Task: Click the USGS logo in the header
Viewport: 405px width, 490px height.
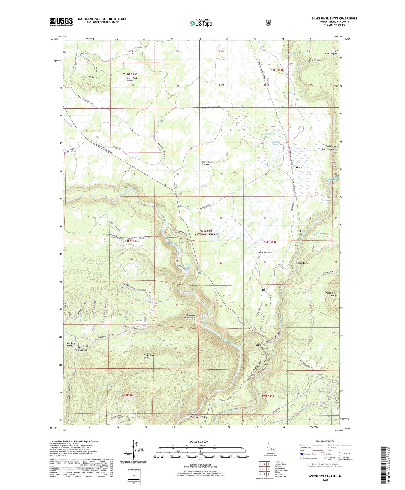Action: (x=61, y=22)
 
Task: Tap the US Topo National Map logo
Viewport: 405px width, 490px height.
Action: (x=200, y=23)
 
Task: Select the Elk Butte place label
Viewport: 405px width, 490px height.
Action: (x=93, y=77)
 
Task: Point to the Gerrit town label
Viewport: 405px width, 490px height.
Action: (x=300, y=167)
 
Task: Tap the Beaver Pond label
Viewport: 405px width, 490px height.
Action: (x=276, y=143)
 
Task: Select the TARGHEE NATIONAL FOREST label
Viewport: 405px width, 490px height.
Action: (x=206, y=233)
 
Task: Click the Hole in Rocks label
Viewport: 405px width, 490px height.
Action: (x=265, y=253)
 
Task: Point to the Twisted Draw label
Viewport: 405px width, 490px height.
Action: (x=301, y=263)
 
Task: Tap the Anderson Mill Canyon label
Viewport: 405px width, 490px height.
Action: (x=190, y=316)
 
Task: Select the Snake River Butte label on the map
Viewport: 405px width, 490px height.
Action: (x=149, y=356)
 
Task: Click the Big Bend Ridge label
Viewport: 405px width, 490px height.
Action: (x=71, y=344)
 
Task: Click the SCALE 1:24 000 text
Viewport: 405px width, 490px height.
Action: (x=199, y=441)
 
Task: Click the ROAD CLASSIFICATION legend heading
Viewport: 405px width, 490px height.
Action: (x=325, y=441)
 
